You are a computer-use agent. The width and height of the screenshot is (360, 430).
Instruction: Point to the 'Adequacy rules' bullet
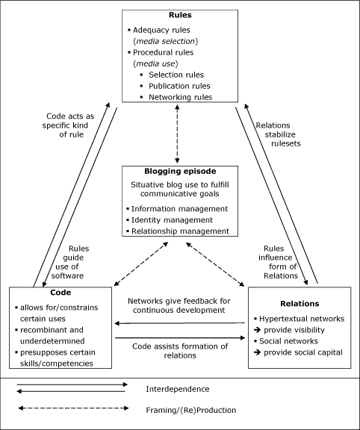coord(165,29)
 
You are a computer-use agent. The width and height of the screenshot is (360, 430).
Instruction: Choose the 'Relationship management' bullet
coord(179,231)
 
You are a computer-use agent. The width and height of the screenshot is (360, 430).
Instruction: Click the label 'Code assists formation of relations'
coord(179,351)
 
